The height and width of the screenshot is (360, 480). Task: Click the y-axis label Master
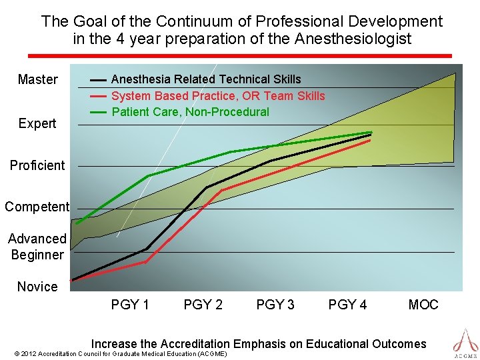coord(37,79)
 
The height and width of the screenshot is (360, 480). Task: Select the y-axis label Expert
coord(37,123)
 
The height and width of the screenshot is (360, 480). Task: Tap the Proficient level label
coord(37,165)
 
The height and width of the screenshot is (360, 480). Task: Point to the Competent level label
coord(37,207)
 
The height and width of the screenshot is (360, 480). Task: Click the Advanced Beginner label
coord(37,247)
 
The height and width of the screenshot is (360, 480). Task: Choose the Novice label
coord(37,287)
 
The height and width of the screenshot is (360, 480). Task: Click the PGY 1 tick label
coord(130,305)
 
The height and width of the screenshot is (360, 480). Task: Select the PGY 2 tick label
coord(203,305)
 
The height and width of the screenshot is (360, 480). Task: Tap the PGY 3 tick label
coord(275,305)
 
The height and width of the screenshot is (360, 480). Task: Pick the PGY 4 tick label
coord(347,305)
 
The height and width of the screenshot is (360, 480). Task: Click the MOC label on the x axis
coord(423,305)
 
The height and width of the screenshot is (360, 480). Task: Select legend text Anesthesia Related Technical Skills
coord(206,79)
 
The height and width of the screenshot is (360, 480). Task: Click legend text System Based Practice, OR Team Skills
coord(218,96)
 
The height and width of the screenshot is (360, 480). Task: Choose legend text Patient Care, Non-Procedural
coord(190,112)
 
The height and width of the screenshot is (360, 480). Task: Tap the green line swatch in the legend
coord(98,112)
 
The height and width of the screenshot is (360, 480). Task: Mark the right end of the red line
coord(370,140)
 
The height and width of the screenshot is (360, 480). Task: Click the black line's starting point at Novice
coord(73,279)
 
